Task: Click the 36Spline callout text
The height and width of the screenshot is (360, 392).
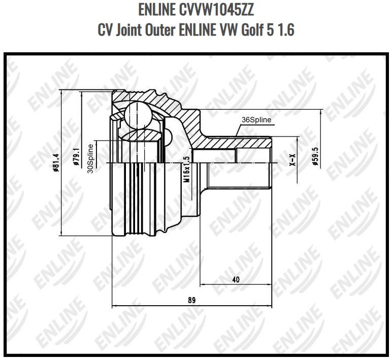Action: tap(256, 120)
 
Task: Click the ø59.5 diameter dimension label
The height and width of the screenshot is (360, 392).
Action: tap(315, 157)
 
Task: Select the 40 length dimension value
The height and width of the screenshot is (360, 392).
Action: tap(235, 279)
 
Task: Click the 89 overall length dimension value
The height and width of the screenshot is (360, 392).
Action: tap(191, 300)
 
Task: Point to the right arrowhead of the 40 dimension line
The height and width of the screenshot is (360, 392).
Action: tap(270, 284)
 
